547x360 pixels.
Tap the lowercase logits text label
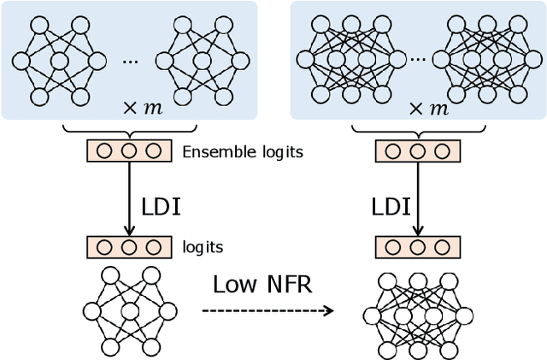(203, 247)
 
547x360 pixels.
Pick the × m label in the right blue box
(428, 108)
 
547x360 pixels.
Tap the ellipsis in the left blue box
(130, 62)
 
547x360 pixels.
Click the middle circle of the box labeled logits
(128, 247)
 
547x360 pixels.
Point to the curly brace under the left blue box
(128, 130)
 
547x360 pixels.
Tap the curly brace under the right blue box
(416, 130)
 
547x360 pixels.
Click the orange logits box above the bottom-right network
(416, 247)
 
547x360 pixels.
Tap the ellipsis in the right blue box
(418, 62)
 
